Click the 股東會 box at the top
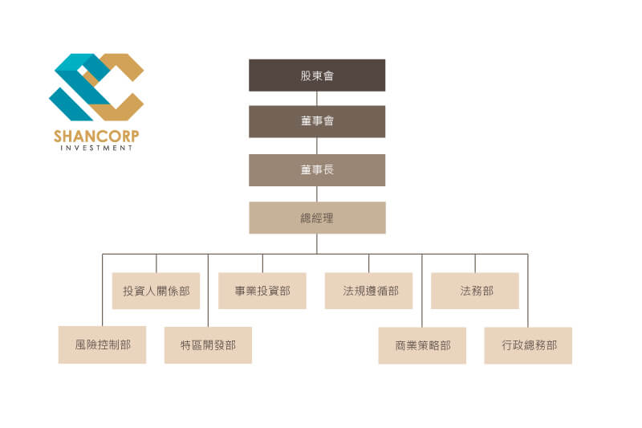click(x=317, y=75)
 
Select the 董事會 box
click(x=317, y=121)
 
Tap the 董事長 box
click(x=317, y=170)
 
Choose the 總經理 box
click(x=317, y=218)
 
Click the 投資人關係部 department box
click(x=156, y=291)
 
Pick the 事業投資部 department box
click(x=262, y=291)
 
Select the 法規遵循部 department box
click(x=368, y=291)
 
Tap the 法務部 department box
click(x=475, y=291)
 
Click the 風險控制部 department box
click(x=102, y=344)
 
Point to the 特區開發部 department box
click(x=208, y=345)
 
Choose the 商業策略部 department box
click(x=422, y=345)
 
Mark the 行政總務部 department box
click(x=528, y=345)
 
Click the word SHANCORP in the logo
click(x=96, y=136)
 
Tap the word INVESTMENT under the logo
click(x=96, y=148)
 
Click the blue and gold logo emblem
click(x=96, y=88)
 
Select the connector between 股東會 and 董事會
click(x=317, y=98)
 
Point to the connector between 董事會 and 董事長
click(x=317, y=146)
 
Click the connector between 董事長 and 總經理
click(x=317, y=194)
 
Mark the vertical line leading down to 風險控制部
click(x=103, y=291)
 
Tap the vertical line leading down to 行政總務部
click(x=528, y=291)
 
